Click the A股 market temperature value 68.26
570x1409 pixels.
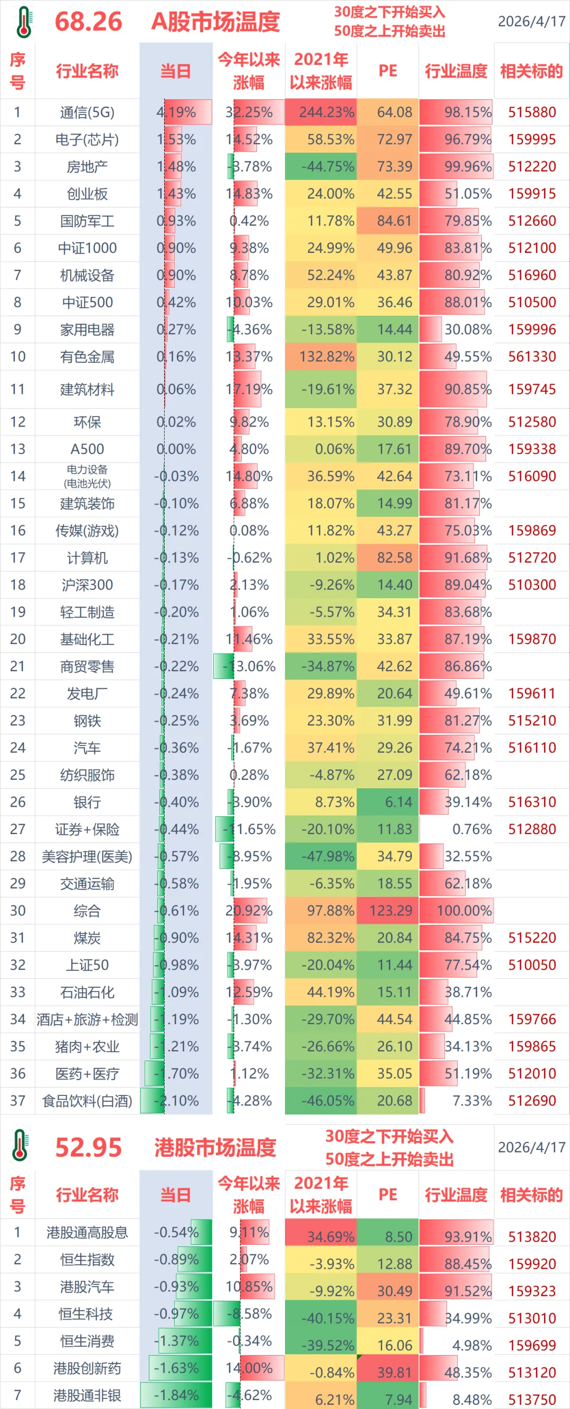88,21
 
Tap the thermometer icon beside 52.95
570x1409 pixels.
20,1146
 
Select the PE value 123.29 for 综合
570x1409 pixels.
388,911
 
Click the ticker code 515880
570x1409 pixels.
531,112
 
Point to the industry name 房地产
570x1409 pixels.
87,166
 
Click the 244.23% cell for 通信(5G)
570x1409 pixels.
321,112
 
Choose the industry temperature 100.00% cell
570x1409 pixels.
457,911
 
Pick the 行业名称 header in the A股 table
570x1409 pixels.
87,71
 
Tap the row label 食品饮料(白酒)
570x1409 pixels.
87,1101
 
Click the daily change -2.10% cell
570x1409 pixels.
176,1101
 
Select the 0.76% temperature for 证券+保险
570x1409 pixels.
457,829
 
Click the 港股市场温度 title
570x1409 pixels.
215,1147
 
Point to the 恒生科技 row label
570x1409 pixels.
87,1314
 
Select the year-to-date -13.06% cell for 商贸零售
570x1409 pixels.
249,666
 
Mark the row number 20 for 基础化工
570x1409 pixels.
17,639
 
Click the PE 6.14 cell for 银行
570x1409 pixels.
388,802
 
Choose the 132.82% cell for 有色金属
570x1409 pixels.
321,357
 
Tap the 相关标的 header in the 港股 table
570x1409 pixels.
531,1195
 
